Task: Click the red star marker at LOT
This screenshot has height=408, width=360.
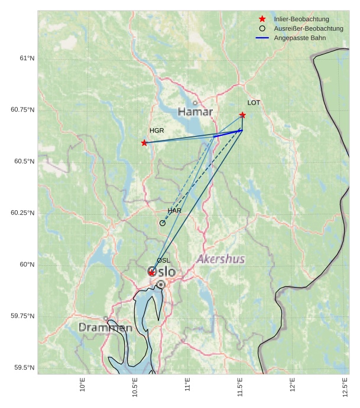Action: point(242,115)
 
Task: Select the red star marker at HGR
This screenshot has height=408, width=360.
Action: point(144,143)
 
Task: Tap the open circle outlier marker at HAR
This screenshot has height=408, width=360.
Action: point(163,223)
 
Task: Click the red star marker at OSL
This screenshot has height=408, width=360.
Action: point(152,272)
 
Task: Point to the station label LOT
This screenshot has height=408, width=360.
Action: point(254,103)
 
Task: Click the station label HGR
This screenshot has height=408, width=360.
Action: point(157,130)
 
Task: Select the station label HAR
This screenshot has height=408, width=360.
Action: point(174,211)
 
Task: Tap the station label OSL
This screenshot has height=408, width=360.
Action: point(163,260)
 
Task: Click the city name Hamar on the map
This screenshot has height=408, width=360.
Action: point(195,112)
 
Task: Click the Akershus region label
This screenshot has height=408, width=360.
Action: point(220,259)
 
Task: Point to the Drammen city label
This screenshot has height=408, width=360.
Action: point(105,327)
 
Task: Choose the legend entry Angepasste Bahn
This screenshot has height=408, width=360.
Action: point(300,38)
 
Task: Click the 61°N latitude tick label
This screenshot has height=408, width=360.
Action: point(27,58)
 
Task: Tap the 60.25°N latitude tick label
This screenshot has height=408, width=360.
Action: point(22,213)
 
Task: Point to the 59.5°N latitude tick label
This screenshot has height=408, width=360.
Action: point(24,368)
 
